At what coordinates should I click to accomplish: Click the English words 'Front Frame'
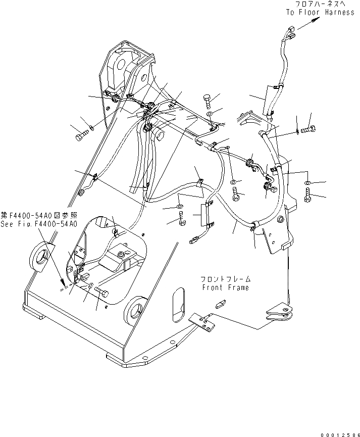point(225,287)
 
